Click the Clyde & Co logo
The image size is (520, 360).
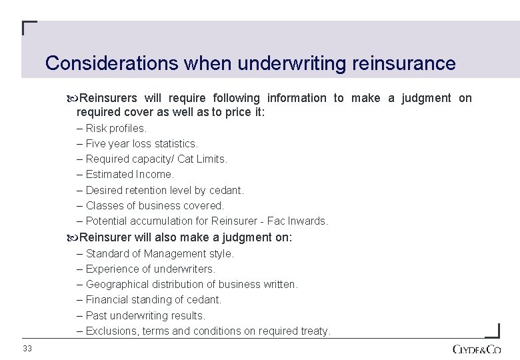point(477,349)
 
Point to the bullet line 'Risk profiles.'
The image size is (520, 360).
point(116,129)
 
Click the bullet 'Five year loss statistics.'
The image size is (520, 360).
point(141,144)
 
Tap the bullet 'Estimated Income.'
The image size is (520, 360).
point(129,175)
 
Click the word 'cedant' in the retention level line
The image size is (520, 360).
point(227,190)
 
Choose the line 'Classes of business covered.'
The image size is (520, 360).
point(155,205)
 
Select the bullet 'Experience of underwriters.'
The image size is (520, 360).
point(150,269)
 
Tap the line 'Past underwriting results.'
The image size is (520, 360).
point(145,315)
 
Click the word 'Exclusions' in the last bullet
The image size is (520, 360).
point(112,331)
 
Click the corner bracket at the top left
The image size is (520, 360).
point(29,27)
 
